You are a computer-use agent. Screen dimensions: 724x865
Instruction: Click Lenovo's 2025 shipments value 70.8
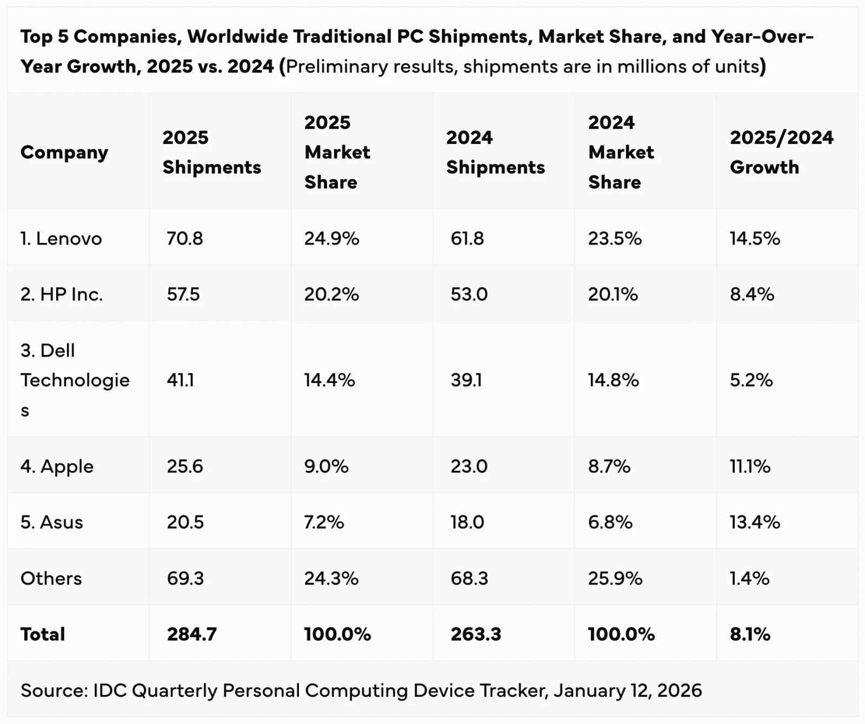(x=185, y=239)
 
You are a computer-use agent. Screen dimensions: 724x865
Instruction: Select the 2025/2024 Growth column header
(x=781, y=152)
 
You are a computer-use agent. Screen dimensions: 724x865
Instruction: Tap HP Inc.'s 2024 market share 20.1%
(x=613, y=294)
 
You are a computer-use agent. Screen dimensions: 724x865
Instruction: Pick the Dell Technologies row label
(x=75, y=380)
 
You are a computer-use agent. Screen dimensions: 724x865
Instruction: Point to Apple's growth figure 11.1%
(x=750, y=466)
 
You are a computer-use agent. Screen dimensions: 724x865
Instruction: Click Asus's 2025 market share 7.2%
(x=324, y=522)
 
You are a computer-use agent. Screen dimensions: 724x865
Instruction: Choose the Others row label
(x=51, y=578)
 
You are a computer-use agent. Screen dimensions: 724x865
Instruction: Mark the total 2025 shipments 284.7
(x=191, y=634)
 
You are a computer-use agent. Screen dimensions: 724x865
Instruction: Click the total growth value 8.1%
(x=750, y=634)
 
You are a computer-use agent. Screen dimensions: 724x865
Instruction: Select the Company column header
(x=64, y=153)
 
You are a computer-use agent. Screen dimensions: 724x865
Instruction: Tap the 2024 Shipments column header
(x=495, y=152)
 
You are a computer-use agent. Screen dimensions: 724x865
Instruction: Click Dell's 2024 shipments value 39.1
(x=466, y=380)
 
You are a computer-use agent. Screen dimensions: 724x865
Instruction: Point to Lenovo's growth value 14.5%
(x=755, y=239)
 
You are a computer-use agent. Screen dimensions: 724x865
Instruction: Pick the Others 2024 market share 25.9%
(x=615, y=578)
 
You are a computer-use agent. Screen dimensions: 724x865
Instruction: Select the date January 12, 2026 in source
(x=628, y=690)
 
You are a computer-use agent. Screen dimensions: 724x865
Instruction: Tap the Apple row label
(x=57, y=466)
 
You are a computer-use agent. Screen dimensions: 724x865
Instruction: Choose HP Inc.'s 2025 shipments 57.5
(x=183, y=294)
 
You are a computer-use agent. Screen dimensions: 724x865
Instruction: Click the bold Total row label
(x=43, y=634)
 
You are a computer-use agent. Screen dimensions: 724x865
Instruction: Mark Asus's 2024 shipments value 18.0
(x=467, y=522)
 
